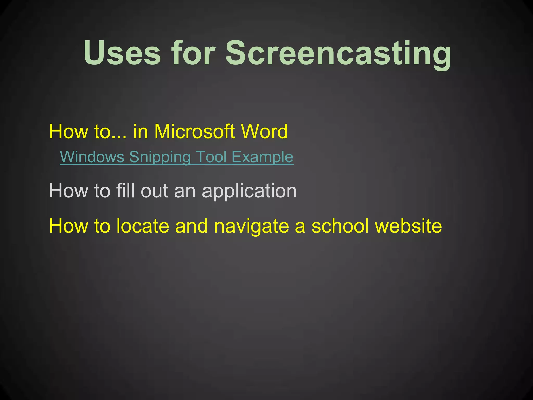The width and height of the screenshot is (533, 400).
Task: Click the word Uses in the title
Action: tap(122, 53)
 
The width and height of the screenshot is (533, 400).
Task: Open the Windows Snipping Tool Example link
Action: tap(176, 157)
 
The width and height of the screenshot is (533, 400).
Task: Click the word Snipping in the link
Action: tap(160, 157)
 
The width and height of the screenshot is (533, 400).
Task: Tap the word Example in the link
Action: tap(262, 157)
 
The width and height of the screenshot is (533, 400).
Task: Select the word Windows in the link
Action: tap(92, 157)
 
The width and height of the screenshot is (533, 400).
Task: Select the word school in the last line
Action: tap(340, 226)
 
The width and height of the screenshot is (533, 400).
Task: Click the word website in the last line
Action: tap(408, 226)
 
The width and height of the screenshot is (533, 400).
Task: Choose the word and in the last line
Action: tap(191, 226)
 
